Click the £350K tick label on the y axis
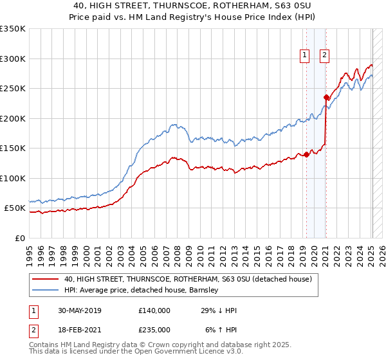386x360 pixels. click(13, 29)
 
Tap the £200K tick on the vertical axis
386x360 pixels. click(13, 118)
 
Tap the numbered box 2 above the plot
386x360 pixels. click(324, 56)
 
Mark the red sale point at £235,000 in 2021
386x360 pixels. click(326, 98)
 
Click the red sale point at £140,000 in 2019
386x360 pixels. click(307, 154)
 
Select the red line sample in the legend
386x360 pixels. click(45, 279)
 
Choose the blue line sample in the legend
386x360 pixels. click(45, 290)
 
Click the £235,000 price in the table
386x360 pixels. click(154, 329)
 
